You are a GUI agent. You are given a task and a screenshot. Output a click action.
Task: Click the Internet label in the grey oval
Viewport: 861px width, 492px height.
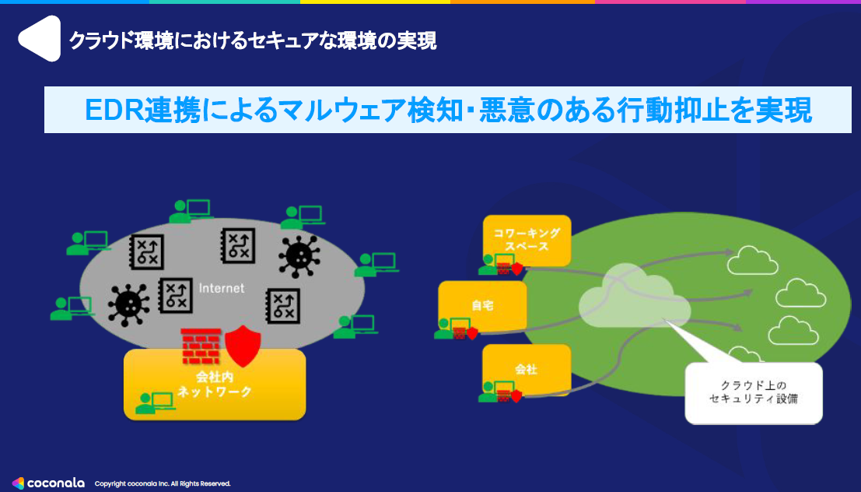point(222,288)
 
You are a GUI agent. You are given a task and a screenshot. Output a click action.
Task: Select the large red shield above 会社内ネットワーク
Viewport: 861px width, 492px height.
point(242,345)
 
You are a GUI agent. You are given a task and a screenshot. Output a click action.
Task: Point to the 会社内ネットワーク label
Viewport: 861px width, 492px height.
point(215,385)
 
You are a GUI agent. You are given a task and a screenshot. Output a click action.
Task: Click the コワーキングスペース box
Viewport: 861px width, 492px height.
point(527,239)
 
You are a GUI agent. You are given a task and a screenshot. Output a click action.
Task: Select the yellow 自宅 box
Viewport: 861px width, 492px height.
point(482,306)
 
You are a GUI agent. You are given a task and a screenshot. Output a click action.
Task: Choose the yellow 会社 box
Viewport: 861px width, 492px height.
point(527,370)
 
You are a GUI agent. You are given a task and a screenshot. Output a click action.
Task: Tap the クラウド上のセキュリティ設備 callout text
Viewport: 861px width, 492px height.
point(753,392)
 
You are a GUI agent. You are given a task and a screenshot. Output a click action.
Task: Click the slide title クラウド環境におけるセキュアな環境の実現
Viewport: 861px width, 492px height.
point(253,40)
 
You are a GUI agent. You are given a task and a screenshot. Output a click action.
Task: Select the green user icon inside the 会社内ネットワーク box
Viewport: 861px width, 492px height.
point(154,402)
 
